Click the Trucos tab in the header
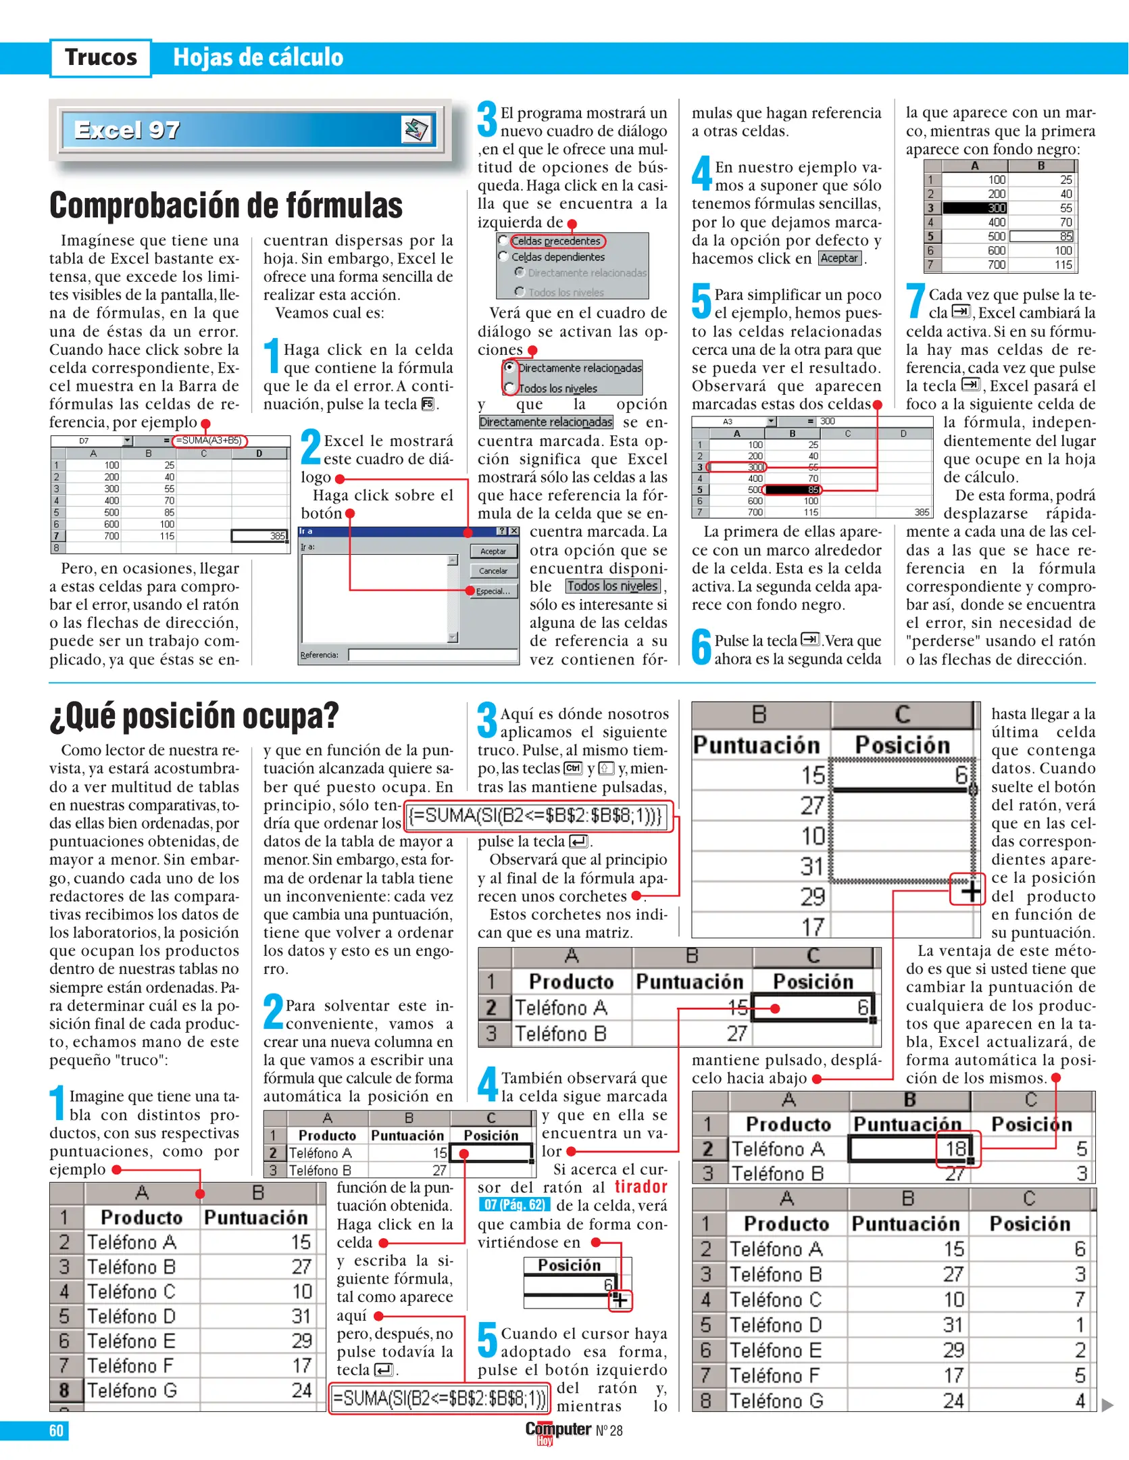(x=101, y=57)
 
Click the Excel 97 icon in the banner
(x=416, y=128)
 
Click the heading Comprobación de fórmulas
(x=226, y=205)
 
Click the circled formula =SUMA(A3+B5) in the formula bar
(x=209, y=441)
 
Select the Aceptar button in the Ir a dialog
(x=493, y=551)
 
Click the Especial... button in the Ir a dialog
(x=493, y=591)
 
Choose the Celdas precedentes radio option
(x=503, y=241)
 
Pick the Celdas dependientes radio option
(x=503, y=256)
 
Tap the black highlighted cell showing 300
(x=974, y=208)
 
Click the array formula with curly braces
(x=537, y=816)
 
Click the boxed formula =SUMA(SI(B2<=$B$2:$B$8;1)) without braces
(x=439, y=1398)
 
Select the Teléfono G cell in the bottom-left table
(x=132, y=1390)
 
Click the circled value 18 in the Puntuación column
(x=957, y=1148)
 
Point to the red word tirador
(x=641, y=1187)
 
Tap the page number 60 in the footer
(x=56, y=1430)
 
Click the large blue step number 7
(x=915, y=301)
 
